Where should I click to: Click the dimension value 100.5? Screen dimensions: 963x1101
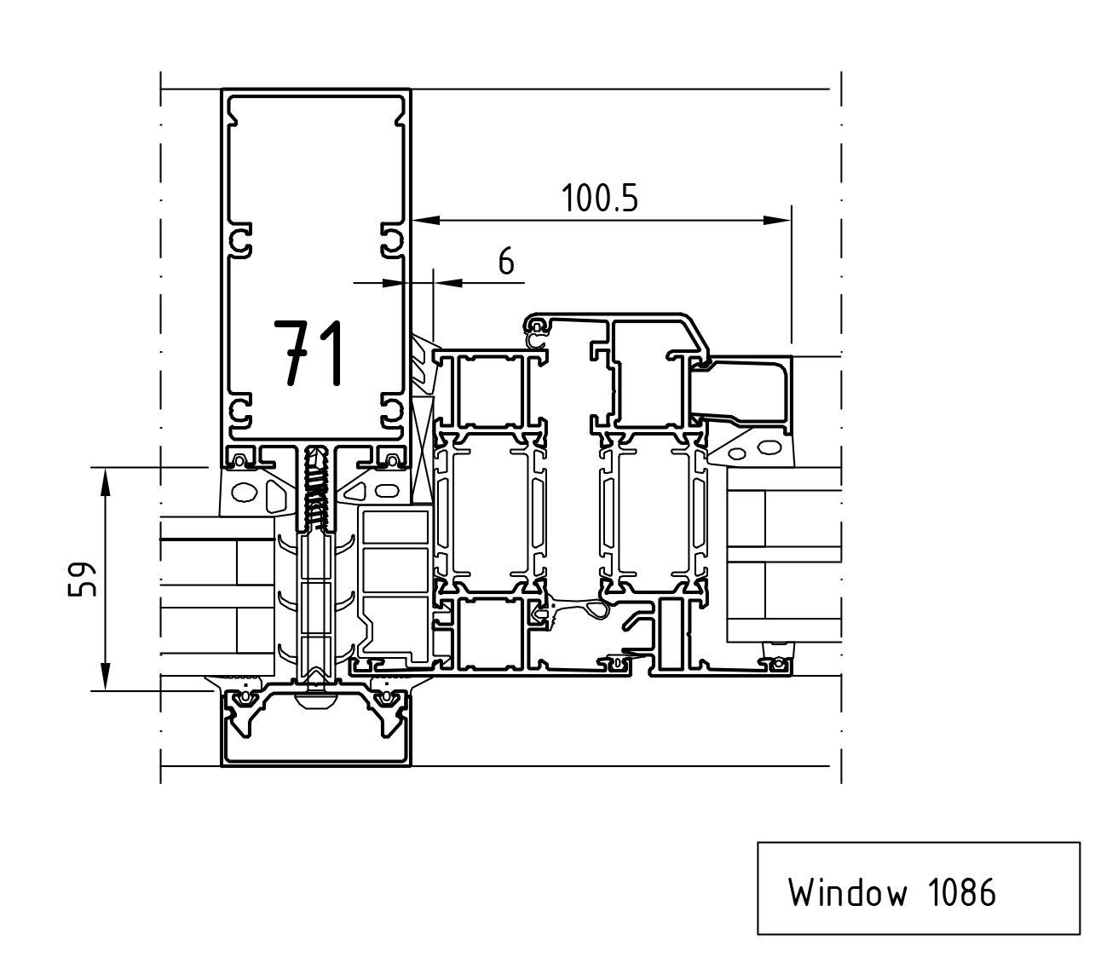599,199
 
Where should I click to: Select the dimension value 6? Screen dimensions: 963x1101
506,262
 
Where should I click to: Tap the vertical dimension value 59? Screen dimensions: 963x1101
83,580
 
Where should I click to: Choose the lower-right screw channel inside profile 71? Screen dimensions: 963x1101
390,411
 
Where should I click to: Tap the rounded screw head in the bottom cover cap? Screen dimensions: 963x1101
316,701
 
